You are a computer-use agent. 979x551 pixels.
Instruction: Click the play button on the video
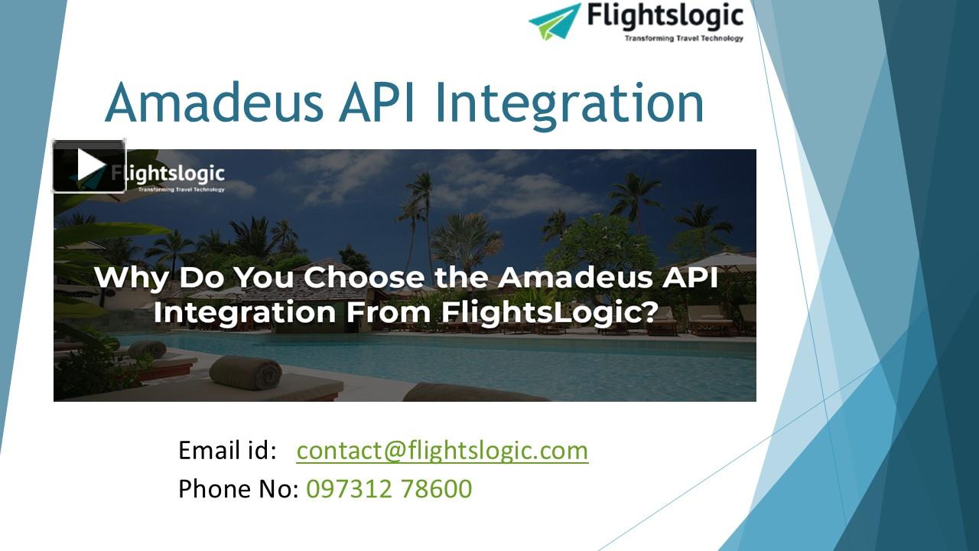pyautogui.click(x=89, y=165)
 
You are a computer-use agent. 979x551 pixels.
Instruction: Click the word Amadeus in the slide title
pyautogui.click(x=214, y=103)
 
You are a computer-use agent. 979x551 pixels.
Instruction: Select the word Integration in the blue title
pyautogui.click(x=569, y=103)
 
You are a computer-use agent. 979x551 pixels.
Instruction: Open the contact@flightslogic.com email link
pyautogui.click(x=442, y=450)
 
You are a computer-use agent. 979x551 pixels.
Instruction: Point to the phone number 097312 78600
pyautogui.click(x=389, y=488)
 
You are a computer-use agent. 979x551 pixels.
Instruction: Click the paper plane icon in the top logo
pyautogui.click(x=555, y=21)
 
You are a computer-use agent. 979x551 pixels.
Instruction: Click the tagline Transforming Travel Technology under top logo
pyautogui.click(x=683, y=37)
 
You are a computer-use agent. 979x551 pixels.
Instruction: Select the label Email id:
pyautogui.click(x=226, y=450)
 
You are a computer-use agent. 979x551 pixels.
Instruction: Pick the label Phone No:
pyautogui.click(x=238, y=488)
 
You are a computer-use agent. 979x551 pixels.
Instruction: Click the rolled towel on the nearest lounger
pyautogui.click(x=246, y=372)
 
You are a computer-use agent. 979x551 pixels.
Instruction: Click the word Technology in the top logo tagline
pyautogui.click(x=722, y=37)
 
